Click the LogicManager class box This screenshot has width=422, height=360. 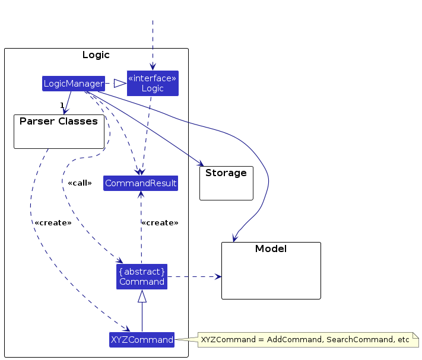74,84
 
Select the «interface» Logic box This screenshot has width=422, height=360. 153,84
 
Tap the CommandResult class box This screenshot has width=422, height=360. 141,183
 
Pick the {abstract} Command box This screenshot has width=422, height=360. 142,276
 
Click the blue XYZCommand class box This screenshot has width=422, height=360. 142,340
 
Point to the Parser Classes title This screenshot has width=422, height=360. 59,121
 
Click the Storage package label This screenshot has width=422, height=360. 226,173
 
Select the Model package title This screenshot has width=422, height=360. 271,249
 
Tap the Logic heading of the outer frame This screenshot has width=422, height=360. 96,55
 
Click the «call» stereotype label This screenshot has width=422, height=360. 80,183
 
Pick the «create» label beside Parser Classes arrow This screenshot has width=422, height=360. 53,223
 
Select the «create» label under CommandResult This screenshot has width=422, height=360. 160,223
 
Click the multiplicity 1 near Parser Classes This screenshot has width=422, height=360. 62,105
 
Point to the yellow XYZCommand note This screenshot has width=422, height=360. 308,340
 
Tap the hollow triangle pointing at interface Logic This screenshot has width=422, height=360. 120,84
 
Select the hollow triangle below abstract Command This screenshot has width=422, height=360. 142,296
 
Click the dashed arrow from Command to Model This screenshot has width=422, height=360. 194,276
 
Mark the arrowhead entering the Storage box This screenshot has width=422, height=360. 201,164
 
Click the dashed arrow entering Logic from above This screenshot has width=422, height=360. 153,45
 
